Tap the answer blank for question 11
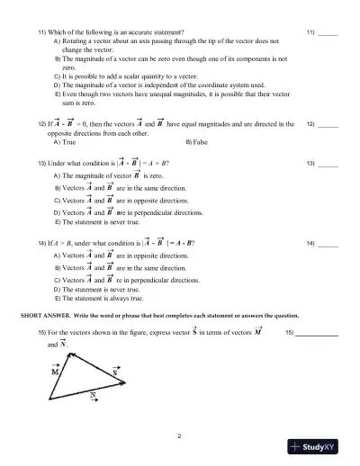pos(328,33)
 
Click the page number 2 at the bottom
pos(180,436)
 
